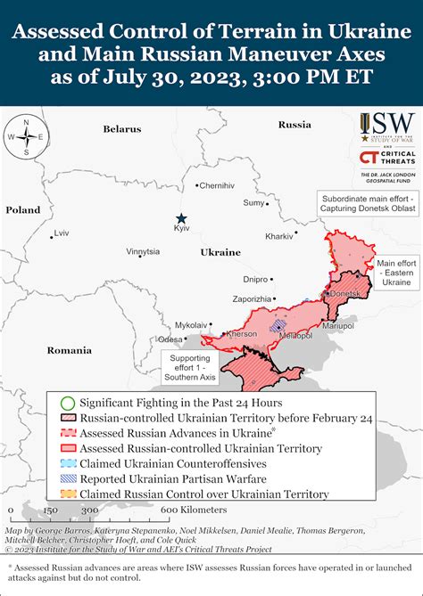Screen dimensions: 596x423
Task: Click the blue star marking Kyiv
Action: [x=182, y=218]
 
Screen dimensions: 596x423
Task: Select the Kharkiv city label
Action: [x=279, y=236]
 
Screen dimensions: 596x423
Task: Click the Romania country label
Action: [x=69, y=350]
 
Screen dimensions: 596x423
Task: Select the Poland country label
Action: [x=23, y=210]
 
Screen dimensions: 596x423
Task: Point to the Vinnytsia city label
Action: [x=143, y=252]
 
